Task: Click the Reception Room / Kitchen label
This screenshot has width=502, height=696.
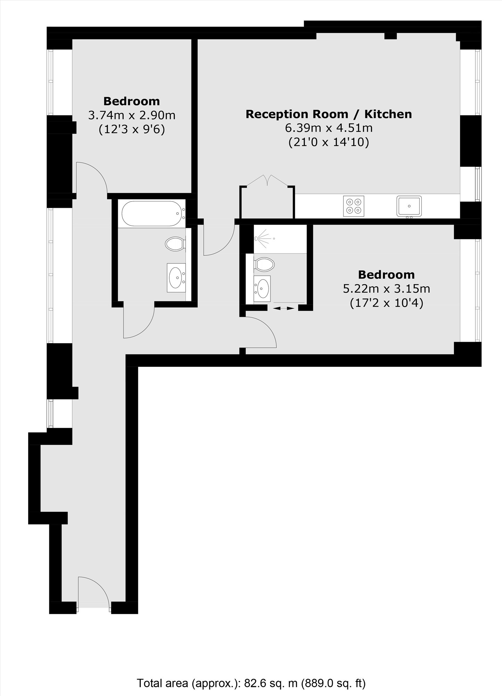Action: [329, 114]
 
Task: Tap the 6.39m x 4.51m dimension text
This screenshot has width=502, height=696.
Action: [329, 128]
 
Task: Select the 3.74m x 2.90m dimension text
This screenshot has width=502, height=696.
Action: [131, 115]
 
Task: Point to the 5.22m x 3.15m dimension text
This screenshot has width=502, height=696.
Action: [386, 289]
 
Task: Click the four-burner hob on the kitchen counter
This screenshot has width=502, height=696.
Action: [354, 206]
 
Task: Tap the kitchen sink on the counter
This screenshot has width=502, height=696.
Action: [409, 206]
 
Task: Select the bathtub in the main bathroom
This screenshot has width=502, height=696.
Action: [153, 214]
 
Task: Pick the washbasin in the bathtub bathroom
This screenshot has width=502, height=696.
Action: [176, 277]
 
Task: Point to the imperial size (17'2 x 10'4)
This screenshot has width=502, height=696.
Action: [386, 303]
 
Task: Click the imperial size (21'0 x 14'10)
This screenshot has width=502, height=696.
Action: [329, 142]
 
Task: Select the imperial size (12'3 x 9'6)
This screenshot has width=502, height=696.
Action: [131, 129]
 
